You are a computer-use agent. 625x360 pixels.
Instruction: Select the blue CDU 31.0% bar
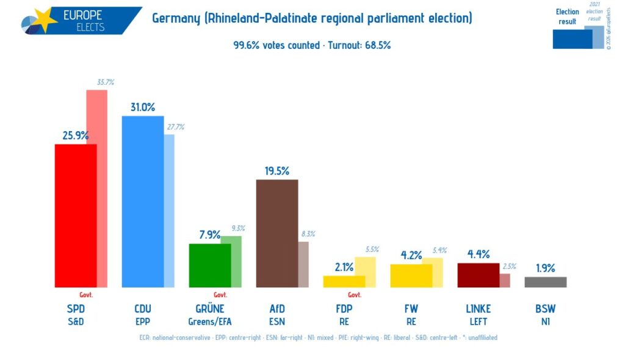(x=143, y=201)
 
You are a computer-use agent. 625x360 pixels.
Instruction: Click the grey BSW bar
(x=546, y=282)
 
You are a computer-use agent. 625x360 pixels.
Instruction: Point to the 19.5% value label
(x=277, y=171)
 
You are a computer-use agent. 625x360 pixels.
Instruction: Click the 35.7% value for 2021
(x=106, y=82)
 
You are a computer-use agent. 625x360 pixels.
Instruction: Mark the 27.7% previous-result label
(x=175, y=127)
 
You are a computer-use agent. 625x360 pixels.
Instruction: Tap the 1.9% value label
(x=546, y=268)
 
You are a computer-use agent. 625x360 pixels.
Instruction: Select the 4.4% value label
(x=479, y=254)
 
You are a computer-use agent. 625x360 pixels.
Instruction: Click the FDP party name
(x=344, y=308)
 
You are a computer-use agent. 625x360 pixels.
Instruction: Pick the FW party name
(x=411, y=308)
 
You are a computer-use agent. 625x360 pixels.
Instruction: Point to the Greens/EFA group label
(x=210, y=322)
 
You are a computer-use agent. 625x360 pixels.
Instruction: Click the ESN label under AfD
(x=277, y=322)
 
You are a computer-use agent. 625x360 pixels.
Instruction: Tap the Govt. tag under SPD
(x=86, y=295)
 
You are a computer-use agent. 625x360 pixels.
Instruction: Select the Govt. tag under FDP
(x=355, y=295)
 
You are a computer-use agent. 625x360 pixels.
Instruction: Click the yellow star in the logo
(x=44, y=20)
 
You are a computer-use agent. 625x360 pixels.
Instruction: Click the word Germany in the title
(x=175, y=18)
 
